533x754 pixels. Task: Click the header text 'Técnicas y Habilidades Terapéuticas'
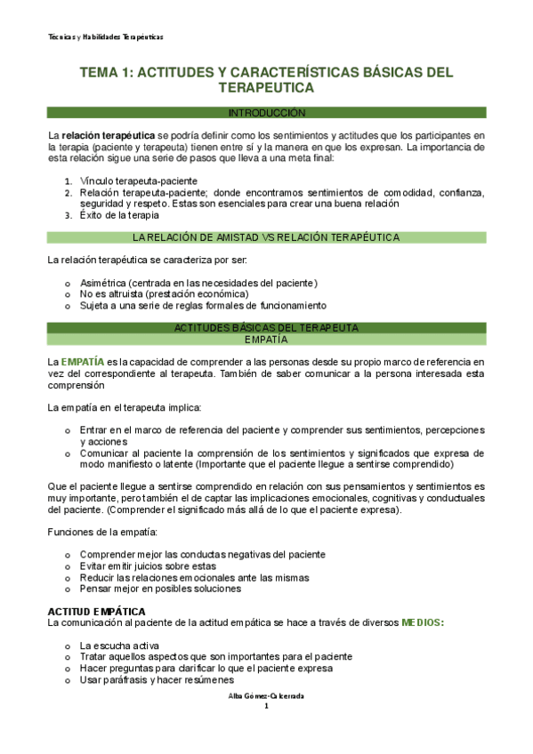106,36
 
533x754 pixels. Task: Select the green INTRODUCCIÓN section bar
267,113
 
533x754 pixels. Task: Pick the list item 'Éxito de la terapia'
119,214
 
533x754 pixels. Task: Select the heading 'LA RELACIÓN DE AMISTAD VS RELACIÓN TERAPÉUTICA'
266,237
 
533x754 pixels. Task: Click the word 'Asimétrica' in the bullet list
101,283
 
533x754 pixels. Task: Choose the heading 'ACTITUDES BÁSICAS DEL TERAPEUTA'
266,327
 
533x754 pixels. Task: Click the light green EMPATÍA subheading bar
266,339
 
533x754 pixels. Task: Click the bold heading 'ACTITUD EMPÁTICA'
97,612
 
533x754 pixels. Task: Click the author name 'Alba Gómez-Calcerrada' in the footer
266,695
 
